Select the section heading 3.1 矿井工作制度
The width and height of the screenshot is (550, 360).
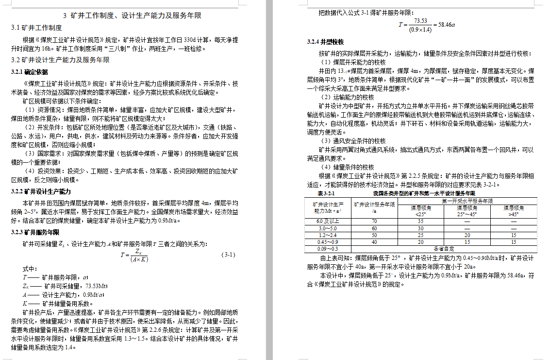(36, 28)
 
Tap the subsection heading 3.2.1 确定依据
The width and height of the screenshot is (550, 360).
(30, 72)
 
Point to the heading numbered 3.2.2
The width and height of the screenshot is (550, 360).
(41, 191)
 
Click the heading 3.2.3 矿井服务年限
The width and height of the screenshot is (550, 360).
(35, 232)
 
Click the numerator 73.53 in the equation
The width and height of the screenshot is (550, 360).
(420, 21)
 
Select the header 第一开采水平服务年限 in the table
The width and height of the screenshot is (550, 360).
(467, 201)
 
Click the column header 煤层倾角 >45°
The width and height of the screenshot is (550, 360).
(514, 211)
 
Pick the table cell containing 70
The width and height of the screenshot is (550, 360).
(374, 222)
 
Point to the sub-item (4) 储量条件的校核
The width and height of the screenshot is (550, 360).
(347, 167)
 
